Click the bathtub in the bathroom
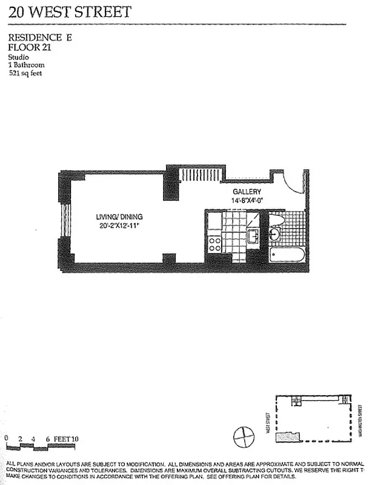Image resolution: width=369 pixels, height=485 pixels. (x=288, y=253)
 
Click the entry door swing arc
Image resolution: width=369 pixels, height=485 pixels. (x=296, y=182)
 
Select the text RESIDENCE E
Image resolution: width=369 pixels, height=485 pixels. (x=40, y=38)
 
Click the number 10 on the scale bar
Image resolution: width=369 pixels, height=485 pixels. (x=75, y=438)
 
